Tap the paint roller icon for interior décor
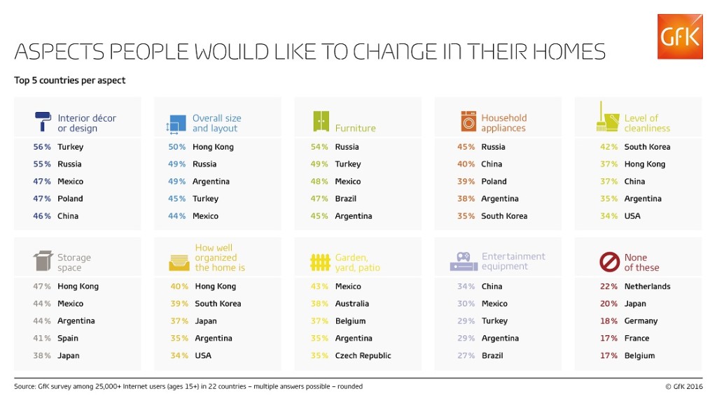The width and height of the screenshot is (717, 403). coord(42,122)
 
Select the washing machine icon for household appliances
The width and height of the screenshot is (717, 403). coord(468,122)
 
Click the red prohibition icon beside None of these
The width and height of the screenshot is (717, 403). coord(609,262)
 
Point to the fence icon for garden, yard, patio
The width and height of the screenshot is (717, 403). coord(319,262)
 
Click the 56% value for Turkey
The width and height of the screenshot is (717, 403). coord(42,147)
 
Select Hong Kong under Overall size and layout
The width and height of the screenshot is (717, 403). coord(213,147)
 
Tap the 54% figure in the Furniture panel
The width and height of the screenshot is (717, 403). coord(319,147)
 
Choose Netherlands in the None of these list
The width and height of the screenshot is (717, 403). coord(647,286)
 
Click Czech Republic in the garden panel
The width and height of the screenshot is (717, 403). coord(363,355)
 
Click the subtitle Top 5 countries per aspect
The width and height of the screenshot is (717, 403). coord(70,80)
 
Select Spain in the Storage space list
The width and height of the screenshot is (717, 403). coord(69,338)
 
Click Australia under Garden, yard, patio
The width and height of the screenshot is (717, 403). coord(352,304)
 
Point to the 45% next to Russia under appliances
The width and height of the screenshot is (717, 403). coord(466,147)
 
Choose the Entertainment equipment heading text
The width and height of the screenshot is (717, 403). coord(513,261)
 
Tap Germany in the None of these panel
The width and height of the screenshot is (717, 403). coord(641,321)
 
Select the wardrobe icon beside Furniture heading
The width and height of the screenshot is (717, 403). coord(321,122)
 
